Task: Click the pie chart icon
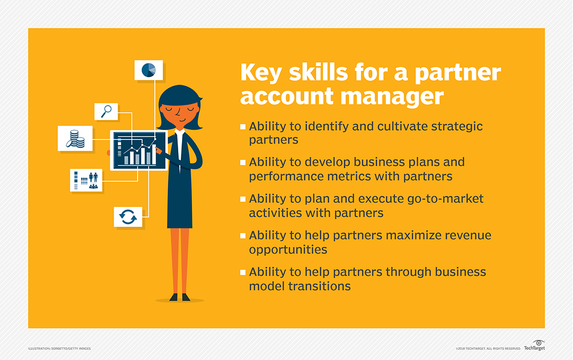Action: [149, 69]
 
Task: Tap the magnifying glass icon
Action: [106, 112]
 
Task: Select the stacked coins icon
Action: [75, 139]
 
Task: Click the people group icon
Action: [86, 180]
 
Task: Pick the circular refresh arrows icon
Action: [128, 217]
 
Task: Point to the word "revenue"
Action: [464, 235]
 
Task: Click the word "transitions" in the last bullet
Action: [318, 286]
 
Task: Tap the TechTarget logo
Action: [534, 346]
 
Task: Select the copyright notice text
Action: [488, 348]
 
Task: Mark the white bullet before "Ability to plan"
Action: [243, 199]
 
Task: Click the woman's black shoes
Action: [179, 297]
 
